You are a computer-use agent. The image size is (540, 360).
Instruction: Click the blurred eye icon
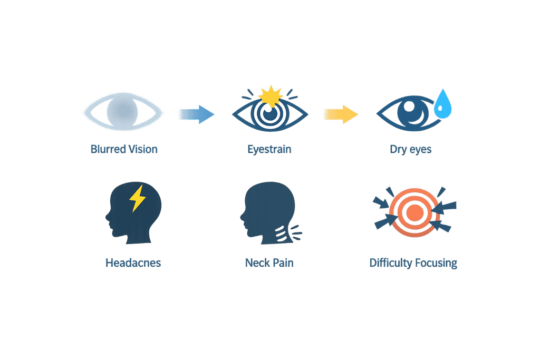click(x=123, y=112)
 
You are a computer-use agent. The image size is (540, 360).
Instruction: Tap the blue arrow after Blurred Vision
click(x=197, y=114)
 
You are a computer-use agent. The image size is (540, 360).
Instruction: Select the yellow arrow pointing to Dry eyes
click(x=341, y=114)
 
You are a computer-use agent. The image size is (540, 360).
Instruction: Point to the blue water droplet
click(x=442, y=104)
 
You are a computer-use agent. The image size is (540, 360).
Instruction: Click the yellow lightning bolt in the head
click(x=138, y=199)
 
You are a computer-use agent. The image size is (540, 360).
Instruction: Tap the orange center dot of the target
click(x=414, y=213)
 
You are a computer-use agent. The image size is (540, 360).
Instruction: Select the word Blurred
click(x=108, y=149)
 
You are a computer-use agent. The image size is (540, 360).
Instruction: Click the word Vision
click(x=143, y=149)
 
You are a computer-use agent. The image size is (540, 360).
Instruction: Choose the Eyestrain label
click(x=269, y=149)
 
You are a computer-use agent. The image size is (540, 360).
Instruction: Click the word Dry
click(x=398, y=150)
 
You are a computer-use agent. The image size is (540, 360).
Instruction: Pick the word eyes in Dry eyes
click(x=420, y=150)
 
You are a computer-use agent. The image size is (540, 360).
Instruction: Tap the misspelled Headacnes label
click(x=133, y=263)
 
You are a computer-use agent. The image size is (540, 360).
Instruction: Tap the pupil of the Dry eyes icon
click(x=412, y=111)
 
